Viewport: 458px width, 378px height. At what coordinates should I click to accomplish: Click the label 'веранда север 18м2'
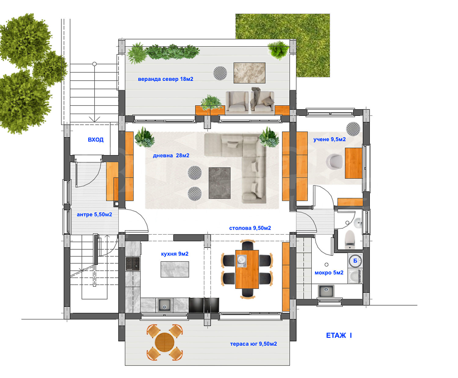tap(165, 79)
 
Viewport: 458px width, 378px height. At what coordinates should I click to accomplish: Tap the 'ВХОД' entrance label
tap(96, 140)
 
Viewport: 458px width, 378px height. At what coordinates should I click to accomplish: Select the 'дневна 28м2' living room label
tap(171, 156)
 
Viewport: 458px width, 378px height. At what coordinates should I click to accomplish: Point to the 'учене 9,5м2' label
tap(329, 139)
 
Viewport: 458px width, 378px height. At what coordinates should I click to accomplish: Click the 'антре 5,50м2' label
tap(94, 215)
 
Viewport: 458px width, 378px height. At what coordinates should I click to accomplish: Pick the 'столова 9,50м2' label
tap(250, 228)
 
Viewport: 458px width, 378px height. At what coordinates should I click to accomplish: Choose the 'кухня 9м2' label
tap(175, 254)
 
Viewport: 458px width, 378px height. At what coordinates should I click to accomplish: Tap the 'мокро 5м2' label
tap(329, 273)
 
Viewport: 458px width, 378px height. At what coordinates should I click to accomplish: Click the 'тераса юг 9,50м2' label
tap(253, 344)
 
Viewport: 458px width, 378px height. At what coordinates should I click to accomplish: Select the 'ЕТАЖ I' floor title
tap(339, 336)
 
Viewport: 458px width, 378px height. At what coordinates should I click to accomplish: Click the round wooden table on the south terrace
tap(165, 342)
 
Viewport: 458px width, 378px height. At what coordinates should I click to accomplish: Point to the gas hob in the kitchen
tap(133, 264)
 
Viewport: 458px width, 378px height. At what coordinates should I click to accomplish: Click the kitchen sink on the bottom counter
tap(164, 305)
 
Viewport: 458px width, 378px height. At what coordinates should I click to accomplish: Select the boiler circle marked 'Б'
tap(355, 261)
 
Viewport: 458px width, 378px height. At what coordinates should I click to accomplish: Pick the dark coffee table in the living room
tap(220, 183)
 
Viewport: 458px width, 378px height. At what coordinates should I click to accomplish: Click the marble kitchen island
tap(175, 269)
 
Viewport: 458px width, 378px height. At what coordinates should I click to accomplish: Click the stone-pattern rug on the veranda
tap(249, 73)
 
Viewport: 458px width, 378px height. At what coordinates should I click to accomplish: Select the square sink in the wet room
tap(326, 291)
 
